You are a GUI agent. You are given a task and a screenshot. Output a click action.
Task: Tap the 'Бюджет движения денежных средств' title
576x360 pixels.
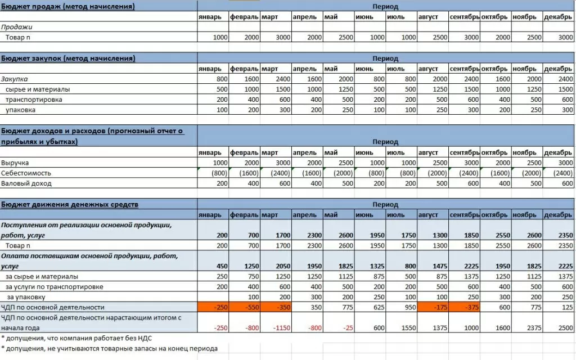point(70,204)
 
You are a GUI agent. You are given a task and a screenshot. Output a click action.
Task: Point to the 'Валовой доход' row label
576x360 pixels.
point(26,183)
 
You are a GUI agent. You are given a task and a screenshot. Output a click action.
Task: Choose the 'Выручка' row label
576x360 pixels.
point(15,163)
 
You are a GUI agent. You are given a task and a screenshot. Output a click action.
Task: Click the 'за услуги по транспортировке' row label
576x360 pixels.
point(54,286)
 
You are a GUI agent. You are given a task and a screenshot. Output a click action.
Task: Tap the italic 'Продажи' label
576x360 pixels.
point(17,26)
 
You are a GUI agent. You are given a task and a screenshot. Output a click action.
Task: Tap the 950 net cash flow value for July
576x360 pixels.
point(402,307)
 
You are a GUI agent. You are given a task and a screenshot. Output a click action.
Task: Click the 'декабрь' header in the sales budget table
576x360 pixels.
point(558,17)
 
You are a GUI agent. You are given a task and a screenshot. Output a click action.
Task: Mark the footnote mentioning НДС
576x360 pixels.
point(76,338)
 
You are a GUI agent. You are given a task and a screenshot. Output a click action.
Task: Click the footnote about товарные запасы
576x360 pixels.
point(109,349)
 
